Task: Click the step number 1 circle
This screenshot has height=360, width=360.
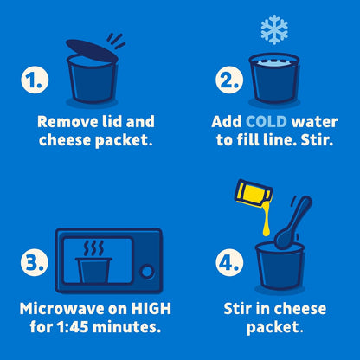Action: click(35, 80)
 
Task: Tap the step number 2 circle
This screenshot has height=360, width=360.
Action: click(229, 80)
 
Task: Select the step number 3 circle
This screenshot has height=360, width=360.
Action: click(35, 262)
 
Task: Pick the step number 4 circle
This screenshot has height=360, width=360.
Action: click(229, 262)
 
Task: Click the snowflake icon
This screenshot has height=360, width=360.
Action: click(274, 29)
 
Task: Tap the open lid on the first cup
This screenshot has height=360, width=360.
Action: click(92, 50)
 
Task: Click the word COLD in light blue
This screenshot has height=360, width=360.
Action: click(267, 122)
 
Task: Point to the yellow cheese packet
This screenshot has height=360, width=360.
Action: click(254, 193)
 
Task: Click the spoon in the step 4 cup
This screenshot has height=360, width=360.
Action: click(292, 222)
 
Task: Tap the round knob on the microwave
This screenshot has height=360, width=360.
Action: click(147, 271)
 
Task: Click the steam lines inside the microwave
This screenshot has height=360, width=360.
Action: click(93, 248)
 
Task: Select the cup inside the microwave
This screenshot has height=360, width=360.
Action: click(93, 270)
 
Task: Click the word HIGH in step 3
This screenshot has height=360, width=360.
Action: click(151, 309)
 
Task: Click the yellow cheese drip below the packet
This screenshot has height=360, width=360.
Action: click(267, 219)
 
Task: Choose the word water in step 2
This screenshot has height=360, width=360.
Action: click(314, 122)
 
